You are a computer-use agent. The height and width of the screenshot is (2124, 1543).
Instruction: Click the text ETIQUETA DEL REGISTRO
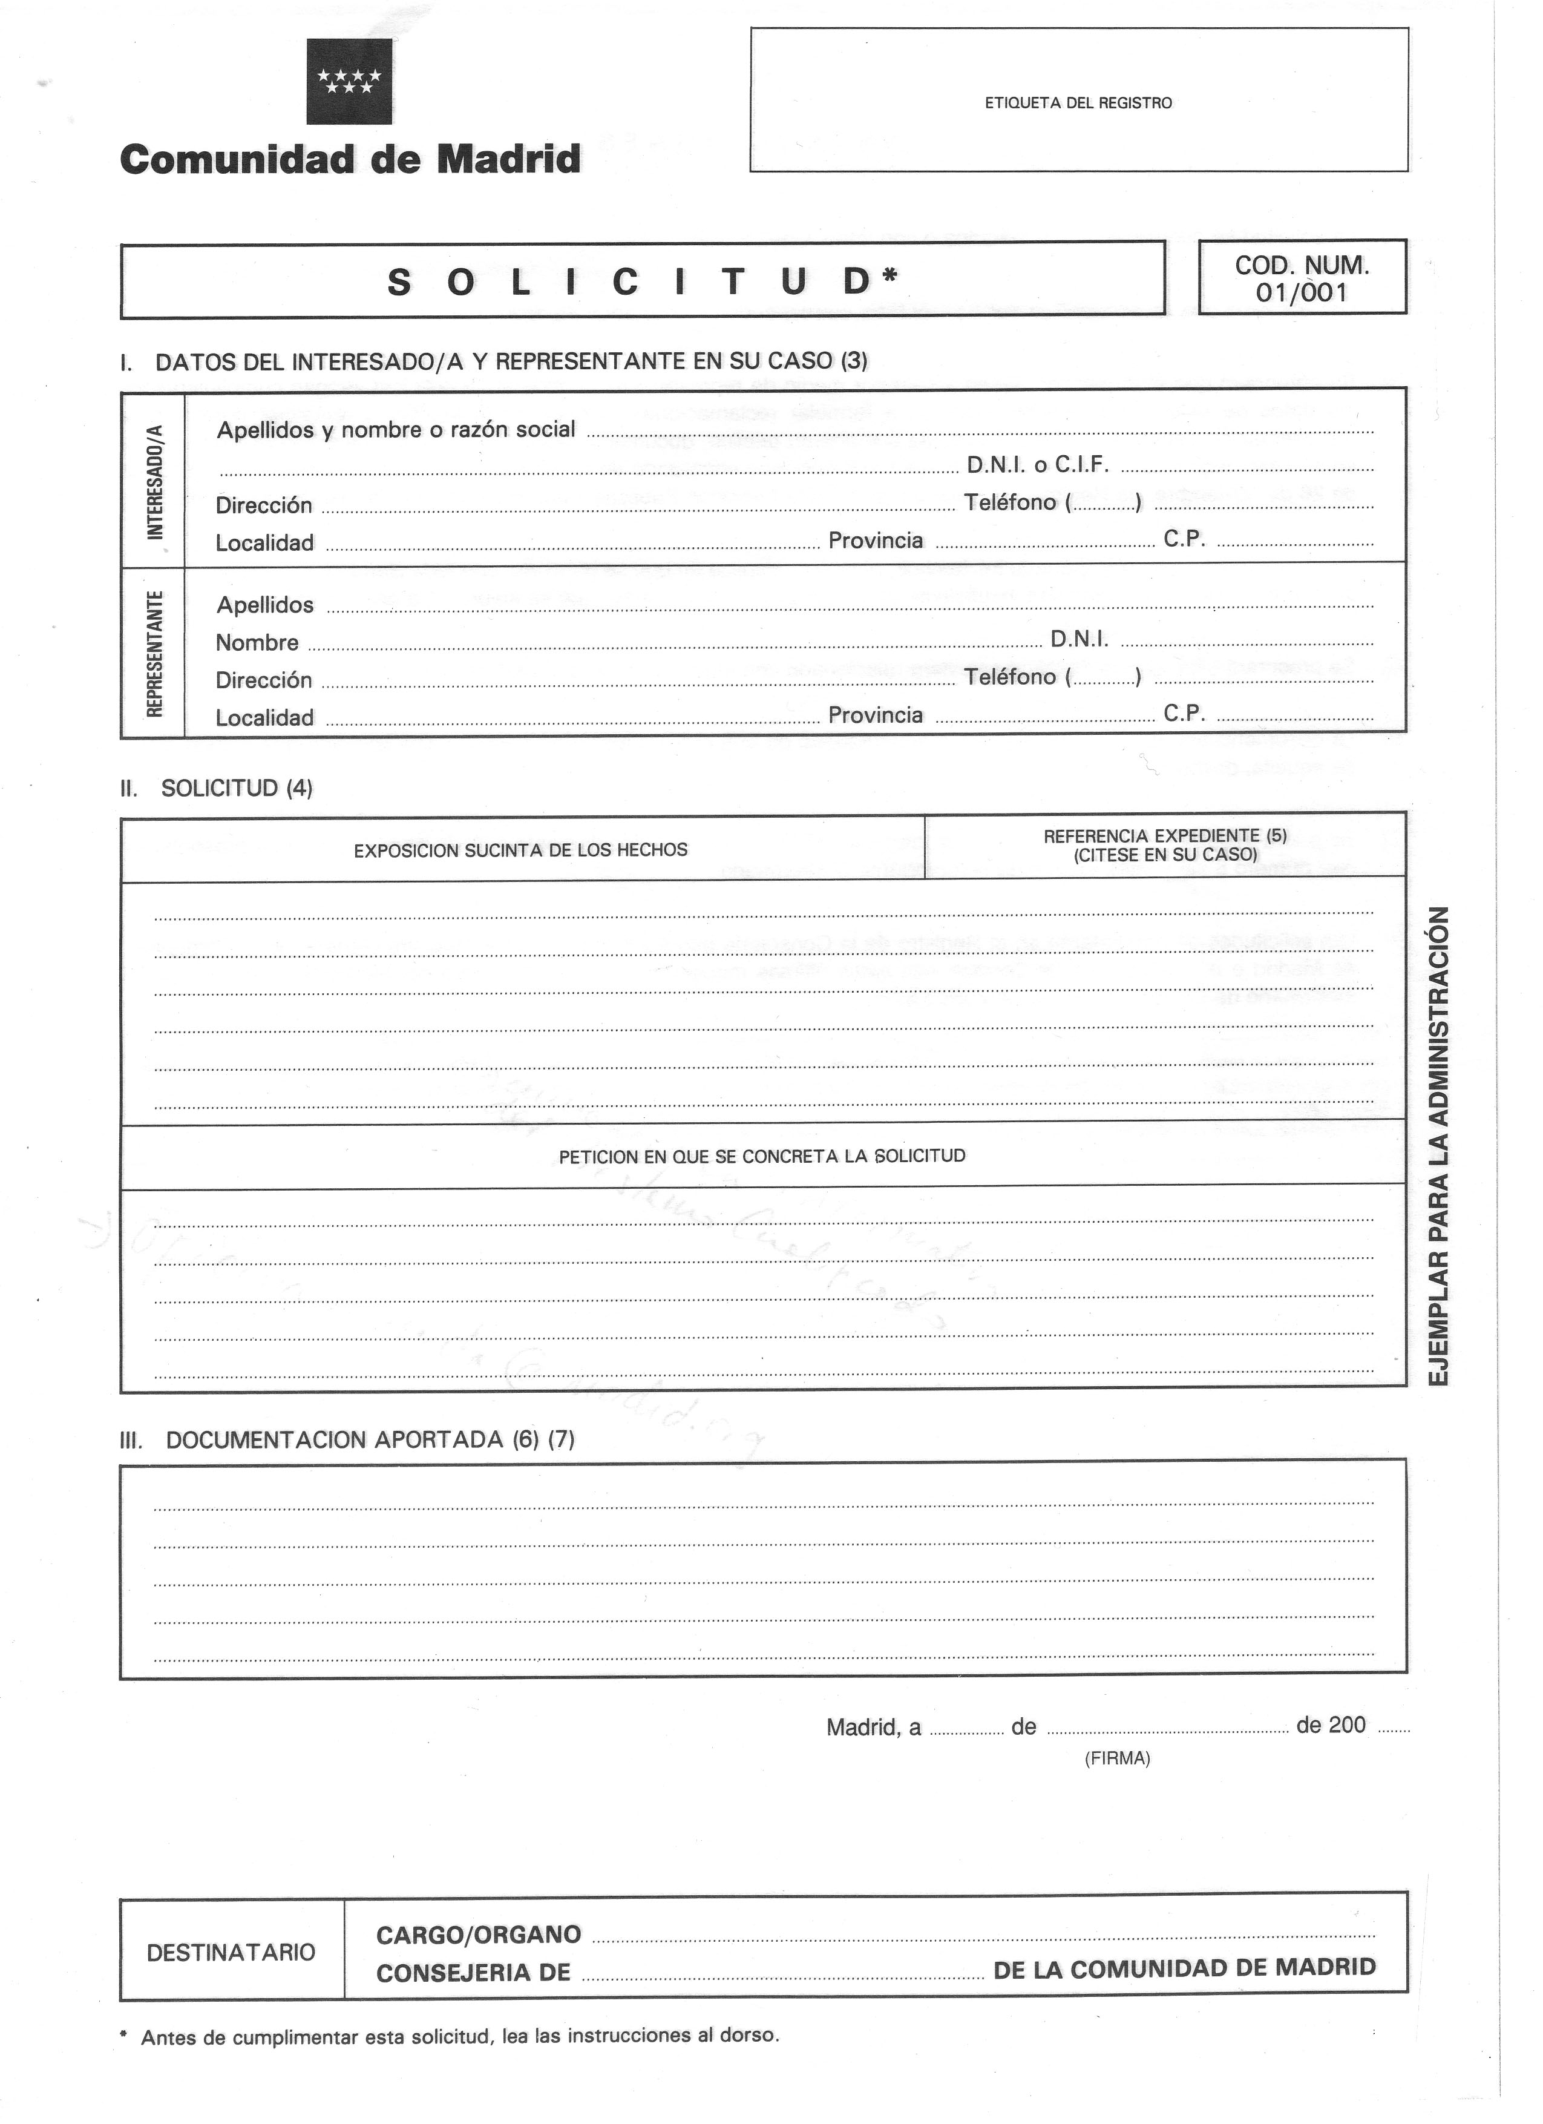tap(1078, 103)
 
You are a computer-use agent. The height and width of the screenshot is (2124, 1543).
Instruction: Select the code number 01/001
tap(1302, 293)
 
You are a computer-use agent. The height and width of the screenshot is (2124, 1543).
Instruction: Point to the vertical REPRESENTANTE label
tap(154, 653)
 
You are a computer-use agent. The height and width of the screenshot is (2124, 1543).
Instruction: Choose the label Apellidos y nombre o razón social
tap(396, 430)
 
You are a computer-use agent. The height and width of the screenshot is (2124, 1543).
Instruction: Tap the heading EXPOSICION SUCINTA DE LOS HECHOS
tap(520, 850)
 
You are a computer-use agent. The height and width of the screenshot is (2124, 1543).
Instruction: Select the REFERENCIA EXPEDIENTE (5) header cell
tap(1165, 845)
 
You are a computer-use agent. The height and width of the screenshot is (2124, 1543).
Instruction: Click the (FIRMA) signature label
tap(1117, 1759)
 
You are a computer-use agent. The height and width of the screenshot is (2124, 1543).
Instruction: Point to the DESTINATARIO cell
tap(231, 1953)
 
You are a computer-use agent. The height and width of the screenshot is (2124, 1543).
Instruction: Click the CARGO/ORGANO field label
tap(479, 1935)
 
